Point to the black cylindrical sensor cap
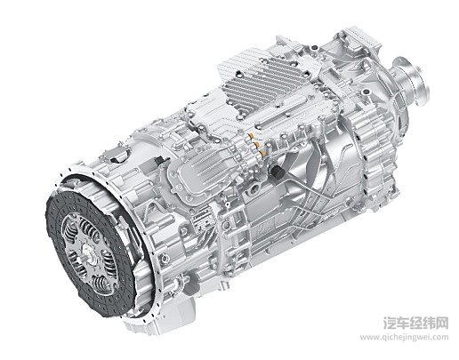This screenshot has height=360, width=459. tap(277, 172)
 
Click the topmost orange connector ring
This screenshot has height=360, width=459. tap(252, 136)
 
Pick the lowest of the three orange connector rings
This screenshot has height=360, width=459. tap(262, 153)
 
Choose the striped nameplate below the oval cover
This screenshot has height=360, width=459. tap(203, 220)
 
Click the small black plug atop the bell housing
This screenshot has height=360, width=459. tap(160, 161)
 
